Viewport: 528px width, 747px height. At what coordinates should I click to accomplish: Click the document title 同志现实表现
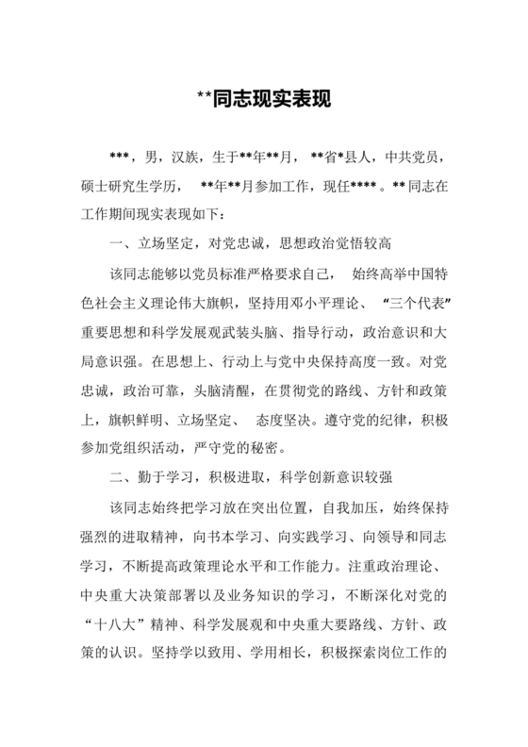click(x=263, y=98)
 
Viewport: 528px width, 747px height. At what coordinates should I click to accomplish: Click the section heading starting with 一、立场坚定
click(x=245, y=244)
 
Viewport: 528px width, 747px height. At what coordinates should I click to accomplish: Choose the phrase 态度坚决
click(x=305, y=423)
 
